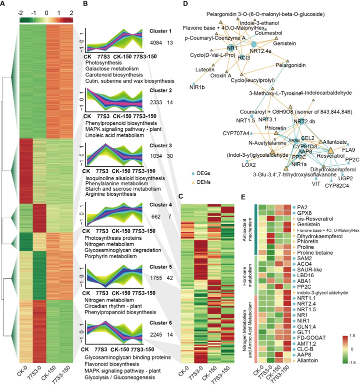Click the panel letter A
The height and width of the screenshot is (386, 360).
coord(4,5)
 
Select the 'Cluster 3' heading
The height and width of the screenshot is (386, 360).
coord(160,146)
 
